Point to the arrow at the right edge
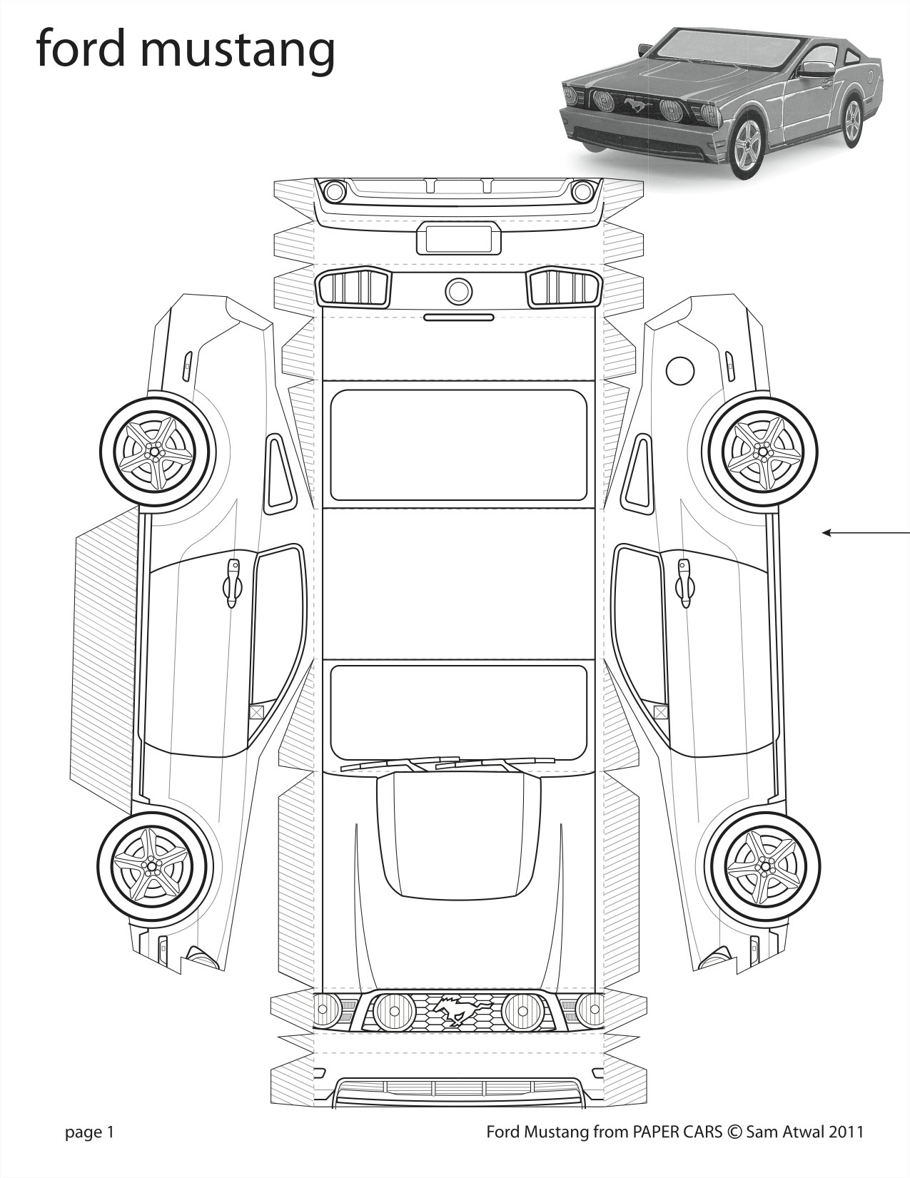click(x=866, y=533)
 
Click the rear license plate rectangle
click(x=458, y=239)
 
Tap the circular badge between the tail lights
click(x=459, y=290)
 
